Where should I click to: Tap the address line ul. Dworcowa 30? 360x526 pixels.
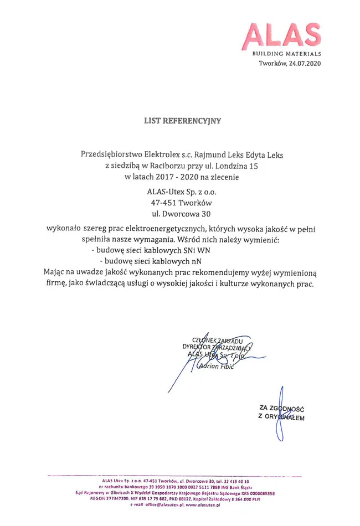182,214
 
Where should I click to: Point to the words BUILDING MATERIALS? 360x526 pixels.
286,54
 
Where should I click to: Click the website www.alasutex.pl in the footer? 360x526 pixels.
203,505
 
